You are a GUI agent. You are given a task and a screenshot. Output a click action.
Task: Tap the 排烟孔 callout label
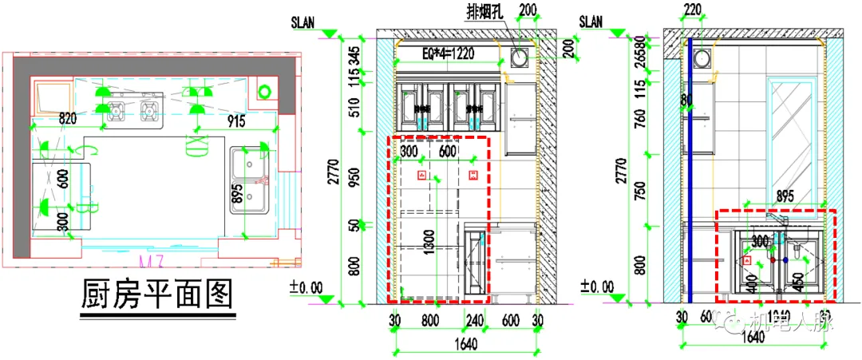(485, 11)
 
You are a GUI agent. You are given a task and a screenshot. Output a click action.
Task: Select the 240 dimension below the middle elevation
(476, 320)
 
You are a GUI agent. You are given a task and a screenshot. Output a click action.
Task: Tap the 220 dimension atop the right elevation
(691, 10)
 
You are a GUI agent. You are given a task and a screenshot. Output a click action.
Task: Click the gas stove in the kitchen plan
(132, 107)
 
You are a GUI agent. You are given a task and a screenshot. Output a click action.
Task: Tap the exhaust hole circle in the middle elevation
(520, 57)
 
